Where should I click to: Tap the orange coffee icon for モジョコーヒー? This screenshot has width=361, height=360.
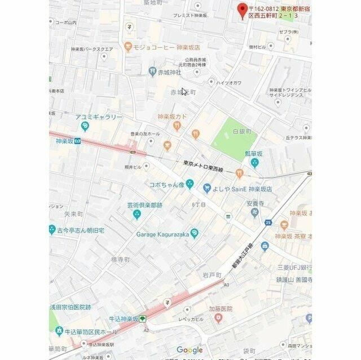point(129,47)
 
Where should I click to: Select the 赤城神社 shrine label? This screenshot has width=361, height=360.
point(169,72)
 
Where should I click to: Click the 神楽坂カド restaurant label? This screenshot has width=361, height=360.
point(172,117)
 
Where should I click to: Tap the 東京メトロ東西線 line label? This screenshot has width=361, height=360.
point(203,166)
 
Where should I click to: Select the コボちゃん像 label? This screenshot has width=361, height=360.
point(168,184)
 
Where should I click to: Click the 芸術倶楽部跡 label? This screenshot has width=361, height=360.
point(144,205)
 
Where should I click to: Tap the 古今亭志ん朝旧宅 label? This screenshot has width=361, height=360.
point(81,230)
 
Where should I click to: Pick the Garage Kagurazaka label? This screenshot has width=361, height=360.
point(163,233)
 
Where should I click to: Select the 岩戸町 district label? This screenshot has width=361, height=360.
point(212,275)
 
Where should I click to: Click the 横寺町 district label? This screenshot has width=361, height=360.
point(120,260)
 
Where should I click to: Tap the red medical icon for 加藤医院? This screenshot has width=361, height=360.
point(218,319)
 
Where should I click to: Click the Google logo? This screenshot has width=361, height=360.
point(190,350)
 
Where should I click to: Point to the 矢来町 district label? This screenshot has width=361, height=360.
point(74,214)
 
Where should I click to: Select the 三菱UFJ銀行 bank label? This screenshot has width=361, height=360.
point(294,267)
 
